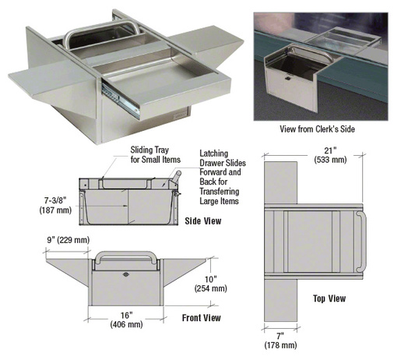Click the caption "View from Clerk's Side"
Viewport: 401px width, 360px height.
tap(321, 129)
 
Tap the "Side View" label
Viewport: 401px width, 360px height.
tap(205, 221)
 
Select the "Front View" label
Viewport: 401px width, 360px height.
tap(201, 317)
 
